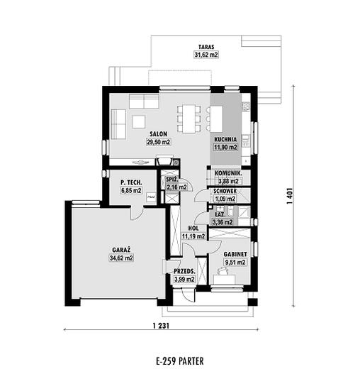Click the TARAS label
(206, 47)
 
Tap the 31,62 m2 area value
(206, 55)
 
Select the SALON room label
(158, 134)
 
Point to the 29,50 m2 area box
(158, 142)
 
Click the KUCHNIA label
(225, 139)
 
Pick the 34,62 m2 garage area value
(121, 258)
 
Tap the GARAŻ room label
(121, 250)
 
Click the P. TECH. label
(131, 182)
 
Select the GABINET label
(235, 254)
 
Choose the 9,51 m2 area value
(235, 263)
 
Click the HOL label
(193, 228)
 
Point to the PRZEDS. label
(184, 271)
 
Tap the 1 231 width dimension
(161, 326)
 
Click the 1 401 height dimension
(290, 196)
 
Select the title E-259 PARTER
(180, 361)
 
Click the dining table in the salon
(189, 119)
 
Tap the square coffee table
(139, 121)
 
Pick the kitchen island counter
(216, 119)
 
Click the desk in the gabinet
(225, 280)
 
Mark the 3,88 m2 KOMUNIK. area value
(228, 181)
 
